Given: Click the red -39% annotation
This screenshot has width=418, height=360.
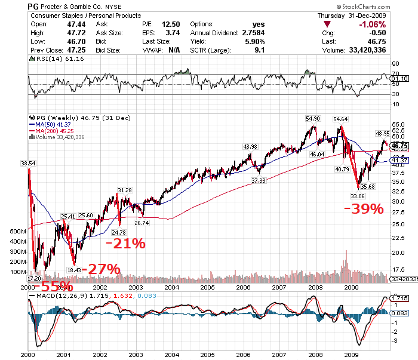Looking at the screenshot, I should coord(364,208).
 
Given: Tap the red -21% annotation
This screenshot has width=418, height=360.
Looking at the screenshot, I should coord(125,243).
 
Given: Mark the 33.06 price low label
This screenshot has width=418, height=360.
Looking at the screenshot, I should coord(358,195).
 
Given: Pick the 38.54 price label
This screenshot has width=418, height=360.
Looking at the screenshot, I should coord(28,162).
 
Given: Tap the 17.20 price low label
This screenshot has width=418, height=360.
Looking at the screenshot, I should coord(35,278).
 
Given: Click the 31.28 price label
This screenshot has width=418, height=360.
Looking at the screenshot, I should coord(124,190).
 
